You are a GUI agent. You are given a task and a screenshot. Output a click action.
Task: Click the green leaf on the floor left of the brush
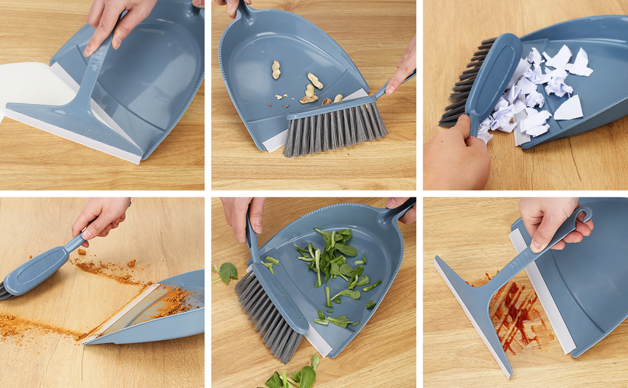[x=227, y=272]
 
